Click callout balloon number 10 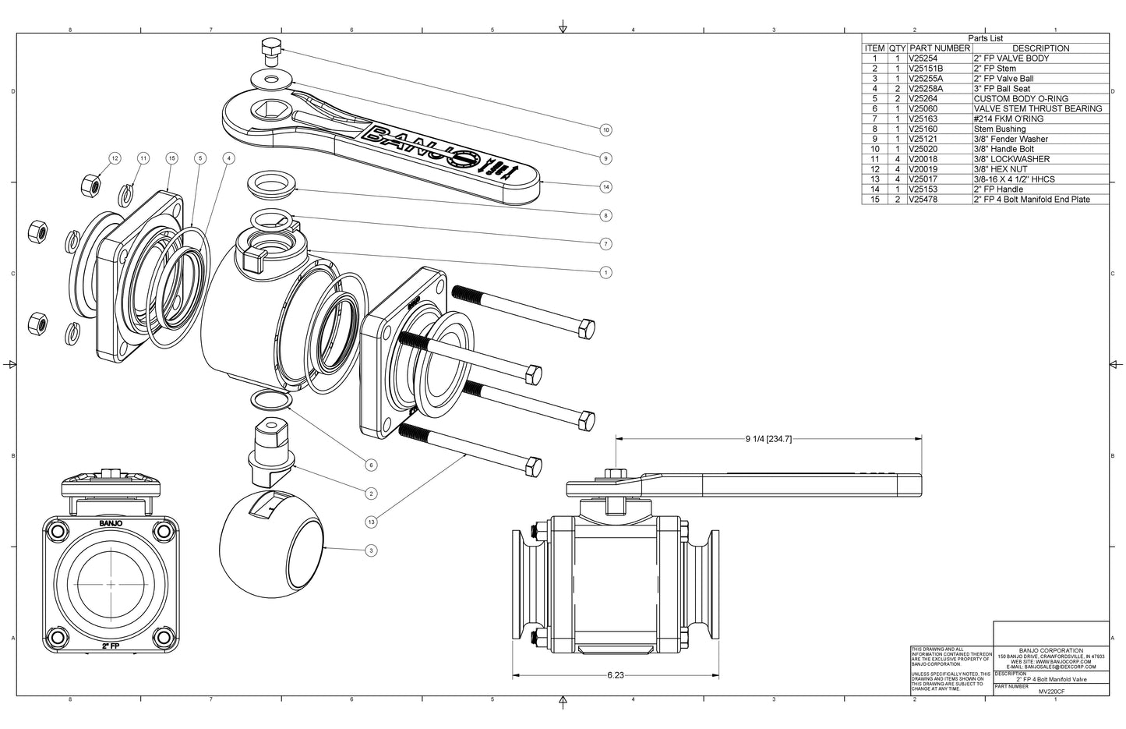[x=605, y=129]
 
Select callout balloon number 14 [x=605, y=186]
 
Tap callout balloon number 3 [x=371, y=550]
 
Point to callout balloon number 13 [x=371, y=521]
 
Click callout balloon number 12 [x=115, y=158]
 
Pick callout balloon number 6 [x=371, y=465]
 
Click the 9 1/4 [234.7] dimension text [x=768, y=439]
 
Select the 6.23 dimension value [x=615, y=675]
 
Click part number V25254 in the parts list [x=923, y=58]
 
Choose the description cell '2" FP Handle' [x=998, y=189]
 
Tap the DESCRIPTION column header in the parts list [x=1040, y=48]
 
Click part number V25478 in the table [x=923, y=200]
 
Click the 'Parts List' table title [x=985, y=38]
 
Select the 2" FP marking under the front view [x=111, y=647]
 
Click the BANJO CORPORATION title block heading [x=1050, y=650]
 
